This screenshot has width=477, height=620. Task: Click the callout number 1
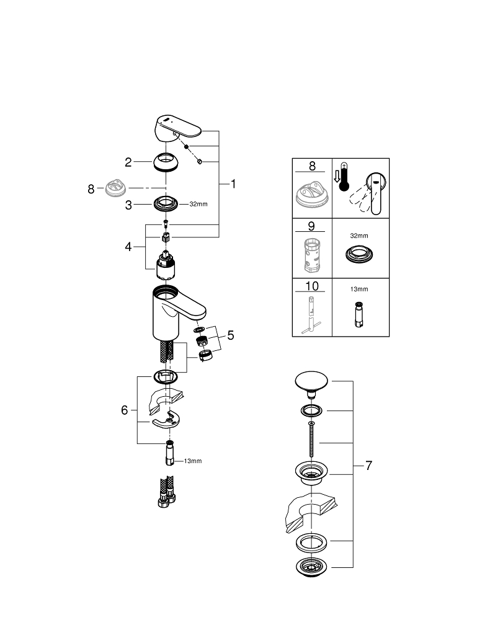233,184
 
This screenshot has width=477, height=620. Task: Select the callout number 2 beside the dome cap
128,163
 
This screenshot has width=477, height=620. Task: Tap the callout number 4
128,247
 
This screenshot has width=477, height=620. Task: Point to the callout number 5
231,335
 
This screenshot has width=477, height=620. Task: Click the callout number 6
125,410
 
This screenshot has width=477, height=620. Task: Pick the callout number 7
368,466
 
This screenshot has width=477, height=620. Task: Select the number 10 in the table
312,286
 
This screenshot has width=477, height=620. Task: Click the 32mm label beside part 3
198,203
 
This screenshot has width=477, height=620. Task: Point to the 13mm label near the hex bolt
192,461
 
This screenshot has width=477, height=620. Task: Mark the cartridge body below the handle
166,263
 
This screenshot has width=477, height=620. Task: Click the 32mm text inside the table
359,236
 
